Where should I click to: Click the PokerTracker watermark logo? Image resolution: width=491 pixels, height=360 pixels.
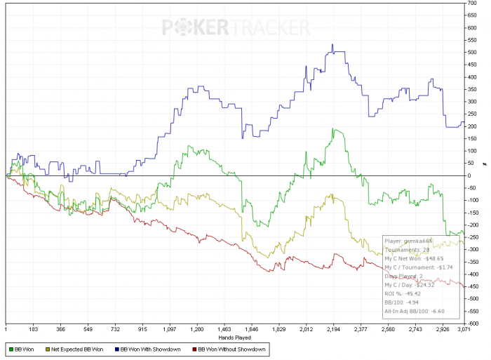click(x=236, y=27)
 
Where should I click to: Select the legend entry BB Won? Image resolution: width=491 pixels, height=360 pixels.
click(x=22, y=348)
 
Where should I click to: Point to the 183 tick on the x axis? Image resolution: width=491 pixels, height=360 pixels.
click(x=32, y=328)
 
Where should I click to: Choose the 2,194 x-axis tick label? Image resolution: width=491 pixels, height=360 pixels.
click(x=333, y=328)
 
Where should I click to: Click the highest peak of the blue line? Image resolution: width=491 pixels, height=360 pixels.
click(x=332, y=46)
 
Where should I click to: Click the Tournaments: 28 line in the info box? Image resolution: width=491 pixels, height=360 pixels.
click(x=406, y=249)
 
